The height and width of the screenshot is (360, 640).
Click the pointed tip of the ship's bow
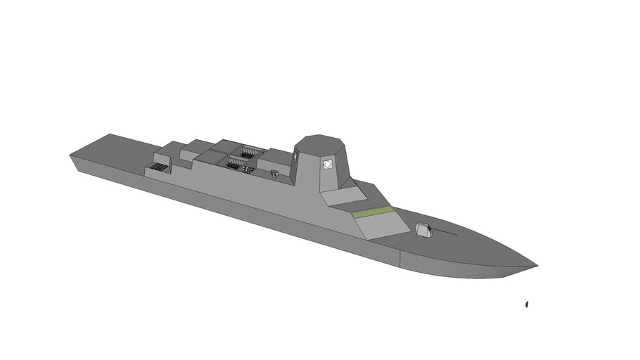coord(537,266)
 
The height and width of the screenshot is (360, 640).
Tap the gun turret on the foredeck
coord(423,229)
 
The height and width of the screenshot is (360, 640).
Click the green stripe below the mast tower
coord(372,212)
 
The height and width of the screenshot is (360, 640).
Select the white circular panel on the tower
coord(327,164)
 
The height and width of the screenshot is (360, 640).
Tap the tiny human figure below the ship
coord(527,304)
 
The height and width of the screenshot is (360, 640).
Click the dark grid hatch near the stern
coord(158,169)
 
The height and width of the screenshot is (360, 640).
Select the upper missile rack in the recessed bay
coord(248,150)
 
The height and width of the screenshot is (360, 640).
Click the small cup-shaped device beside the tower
coord(274,172)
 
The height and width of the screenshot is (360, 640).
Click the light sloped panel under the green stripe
coord(383,225)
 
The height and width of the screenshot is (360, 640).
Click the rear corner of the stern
coord(71,155)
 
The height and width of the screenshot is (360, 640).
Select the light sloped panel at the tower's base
coord(341,197)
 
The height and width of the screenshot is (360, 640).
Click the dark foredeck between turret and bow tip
coord(478,243)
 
